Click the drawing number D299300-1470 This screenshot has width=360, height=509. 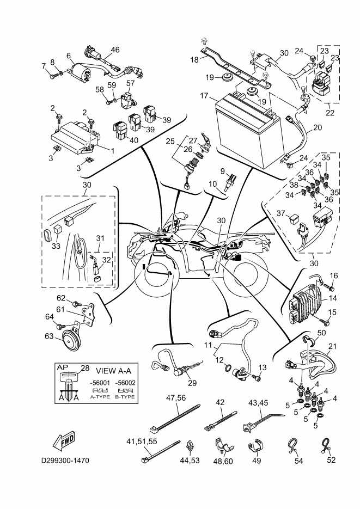[x=65, y=461]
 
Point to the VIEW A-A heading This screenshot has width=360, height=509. [x=109, y=368]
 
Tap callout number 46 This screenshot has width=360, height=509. [x=115, y=50]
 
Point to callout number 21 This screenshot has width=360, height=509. [x=333, y=347]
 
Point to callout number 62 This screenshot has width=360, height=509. [x=61, y=298]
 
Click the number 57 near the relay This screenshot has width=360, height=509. [x=130, y=83]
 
